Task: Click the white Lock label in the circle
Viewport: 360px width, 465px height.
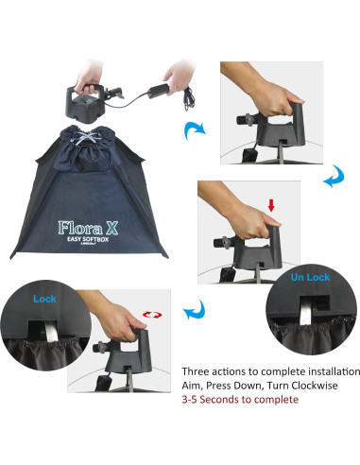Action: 43,297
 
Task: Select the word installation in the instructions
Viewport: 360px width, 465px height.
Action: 321,370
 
